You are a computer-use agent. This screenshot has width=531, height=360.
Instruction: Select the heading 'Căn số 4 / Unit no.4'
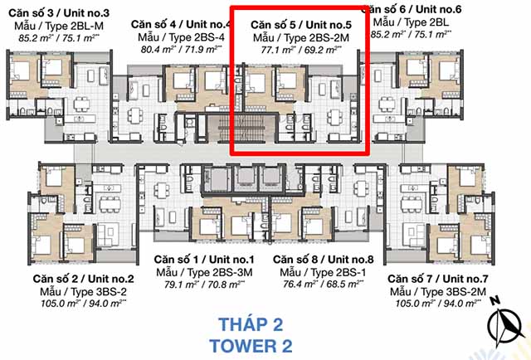(180, 24)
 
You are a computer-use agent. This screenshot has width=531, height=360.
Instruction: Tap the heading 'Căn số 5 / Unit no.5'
(301, 24)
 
